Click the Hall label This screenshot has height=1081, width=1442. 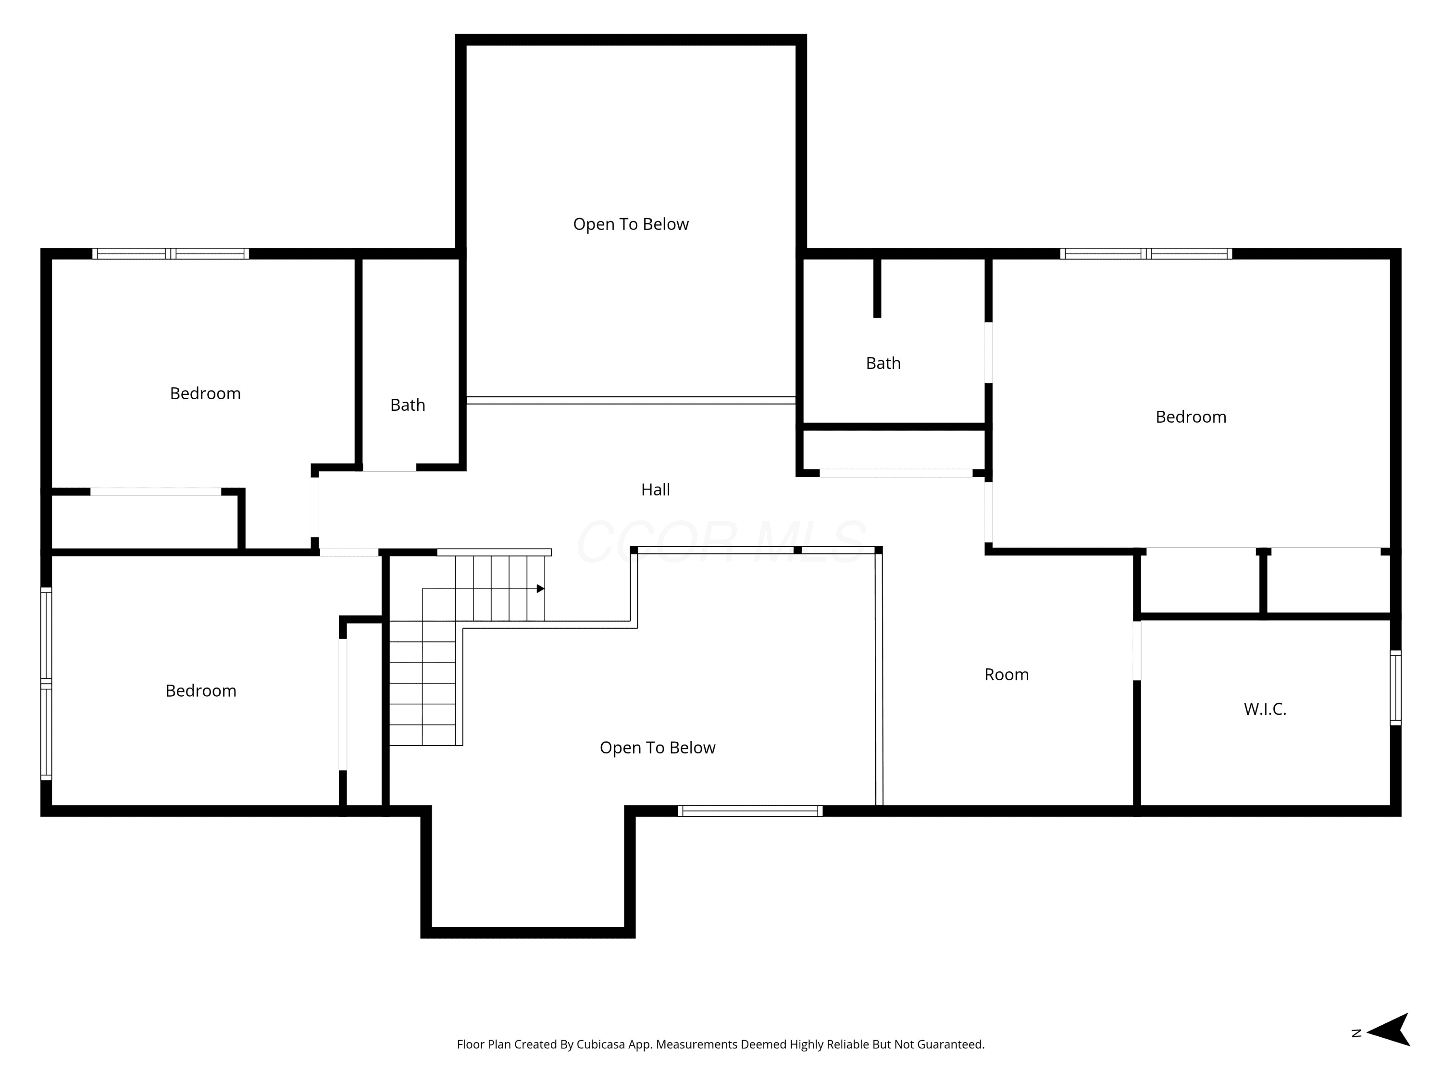coord(655,490)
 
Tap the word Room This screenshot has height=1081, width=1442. coord(1007,675)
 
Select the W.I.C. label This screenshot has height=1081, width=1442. coord(1265,709)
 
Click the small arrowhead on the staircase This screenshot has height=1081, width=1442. coord(540,589)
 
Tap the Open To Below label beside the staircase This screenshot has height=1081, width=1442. coord(657,748)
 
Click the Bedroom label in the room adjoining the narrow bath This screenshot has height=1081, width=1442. coord(205,393)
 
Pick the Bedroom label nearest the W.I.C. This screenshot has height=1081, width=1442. coord(1191,417)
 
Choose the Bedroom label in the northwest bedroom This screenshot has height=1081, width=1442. coord(201,691)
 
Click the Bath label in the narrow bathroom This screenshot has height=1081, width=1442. coord(408,405)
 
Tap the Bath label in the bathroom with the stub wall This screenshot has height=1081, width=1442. coord(883,363)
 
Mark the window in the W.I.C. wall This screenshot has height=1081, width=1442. coord(1395,688)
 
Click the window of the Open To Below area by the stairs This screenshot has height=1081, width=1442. coord(750,811)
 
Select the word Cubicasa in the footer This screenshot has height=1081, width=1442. coord(601,1044)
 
